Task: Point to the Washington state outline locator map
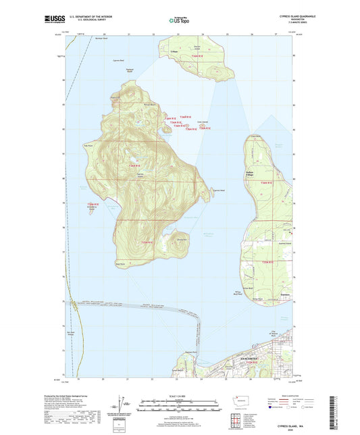coord(241,401)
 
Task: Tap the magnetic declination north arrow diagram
coord(125,405)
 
